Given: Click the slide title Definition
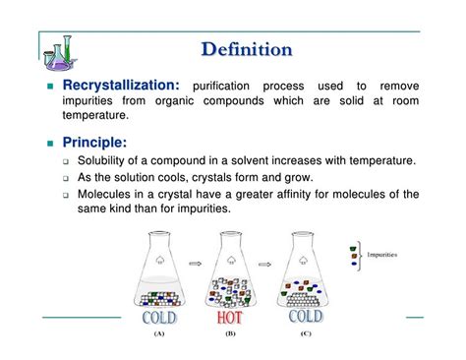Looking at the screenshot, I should pos(246,48).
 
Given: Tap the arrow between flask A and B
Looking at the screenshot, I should pos(197,265).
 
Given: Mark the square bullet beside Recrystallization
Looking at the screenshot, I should pos(53,88).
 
